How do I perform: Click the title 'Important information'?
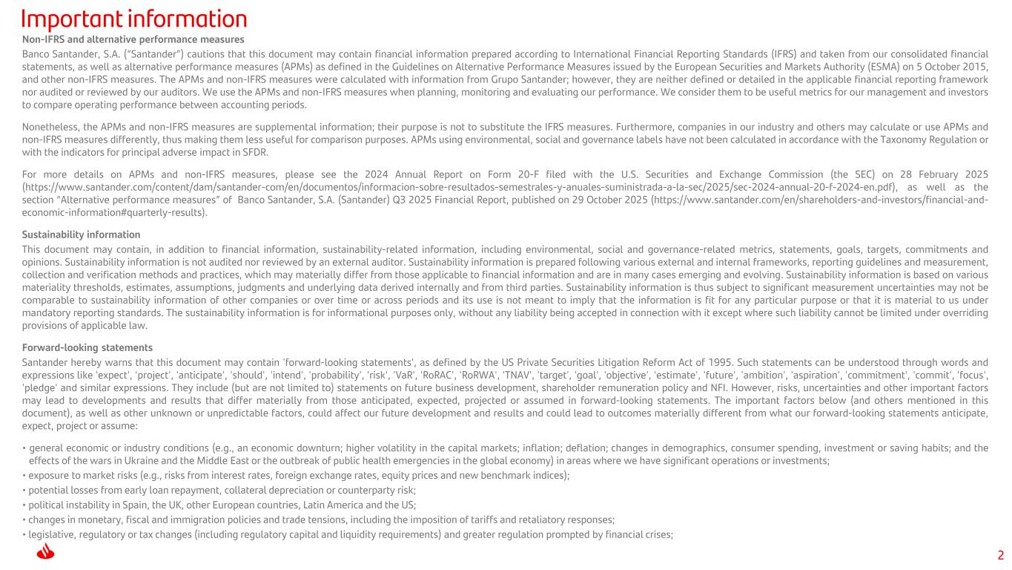[134, 18]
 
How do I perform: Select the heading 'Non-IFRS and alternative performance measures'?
[133, 39]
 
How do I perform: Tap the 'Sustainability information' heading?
[81, 235]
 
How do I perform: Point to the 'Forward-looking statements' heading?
[87, 347]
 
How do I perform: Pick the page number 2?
[1000, 555]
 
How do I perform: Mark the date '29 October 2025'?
[609, 200]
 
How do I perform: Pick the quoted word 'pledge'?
[39, 387]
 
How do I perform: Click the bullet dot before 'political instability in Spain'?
[24, 505]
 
